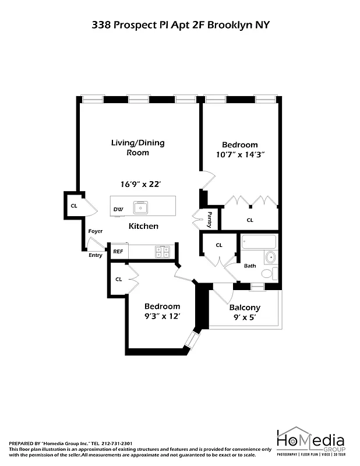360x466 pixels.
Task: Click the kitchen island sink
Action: (x=141, y=207)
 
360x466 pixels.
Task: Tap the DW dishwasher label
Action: (x=118, y=209)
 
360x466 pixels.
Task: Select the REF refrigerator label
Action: (x=118, y=252)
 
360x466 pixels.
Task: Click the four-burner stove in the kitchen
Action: (x=163, y=252)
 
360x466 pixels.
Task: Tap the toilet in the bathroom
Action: (x=268, y=273)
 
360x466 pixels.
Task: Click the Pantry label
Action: (x=210, y=220)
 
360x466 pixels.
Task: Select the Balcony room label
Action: (x=245, y=308)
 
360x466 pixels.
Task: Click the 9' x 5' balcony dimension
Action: (x=245, y=317)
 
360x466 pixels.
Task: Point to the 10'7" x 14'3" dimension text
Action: (x=239, y=154)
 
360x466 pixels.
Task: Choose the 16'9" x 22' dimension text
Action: (x=140, y=184)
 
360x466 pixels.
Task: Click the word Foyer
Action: (x=96, y=231)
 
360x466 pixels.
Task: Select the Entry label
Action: (x=95, y=255)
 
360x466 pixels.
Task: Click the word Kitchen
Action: (x=143, y=226)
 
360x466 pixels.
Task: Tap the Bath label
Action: (x=250, y=266)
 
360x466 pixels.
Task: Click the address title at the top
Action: (x=180, y=24)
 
